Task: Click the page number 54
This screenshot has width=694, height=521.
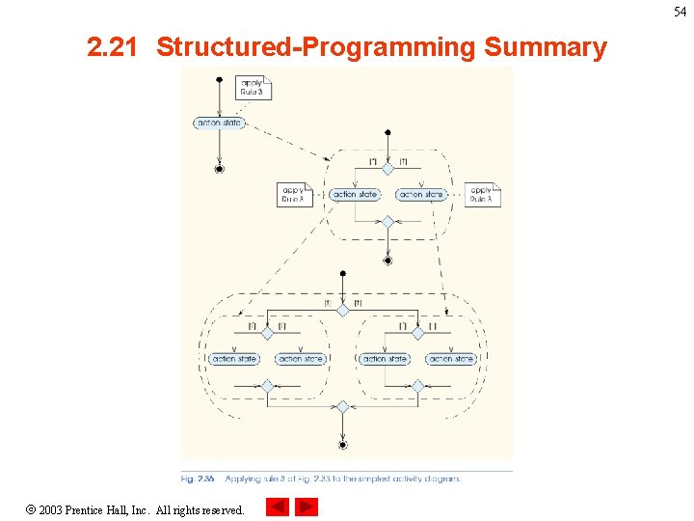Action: (x=680, y=12)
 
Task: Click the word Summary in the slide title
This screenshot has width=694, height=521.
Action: (x=546, y=47)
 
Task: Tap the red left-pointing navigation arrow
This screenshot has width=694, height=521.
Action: (x=277, y=507)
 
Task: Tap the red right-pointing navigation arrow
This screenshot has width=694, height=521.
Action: (x=307, y=507)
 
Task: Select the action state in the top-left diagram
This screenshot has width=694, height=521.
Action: (x=220, y=123)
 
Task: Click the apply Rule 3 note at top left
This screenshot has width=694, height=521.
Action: (x=254, y=88)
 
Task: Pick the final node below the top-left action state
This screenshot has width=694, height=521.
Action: (x=220, y=169)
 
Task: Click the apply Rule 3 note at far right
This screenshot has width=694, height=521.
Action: (x=482, y=195)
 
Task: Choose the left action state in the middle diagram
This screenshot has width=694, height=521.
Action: (x=355, y=195)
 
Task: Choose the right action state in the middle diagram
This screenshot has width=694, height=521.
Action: (x=422, y=195)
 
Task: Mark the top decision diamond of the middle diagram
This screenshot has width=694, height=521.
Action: (x=387, y=168)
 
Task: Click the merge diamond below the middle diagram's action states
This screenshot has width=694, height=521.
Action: (x=387, y=222)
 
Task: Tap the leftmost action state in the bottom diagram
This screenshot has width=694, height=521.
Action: (x=234, y=359)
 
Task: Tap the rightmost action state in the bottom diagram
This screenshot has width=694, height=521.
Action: (x=451, y=359)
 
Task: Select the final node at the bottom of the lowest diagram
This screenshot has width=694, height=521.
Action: (x=342, y=445)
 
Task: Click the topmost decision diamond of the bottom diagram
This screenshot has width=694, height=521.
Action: (x=342, y=311)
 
